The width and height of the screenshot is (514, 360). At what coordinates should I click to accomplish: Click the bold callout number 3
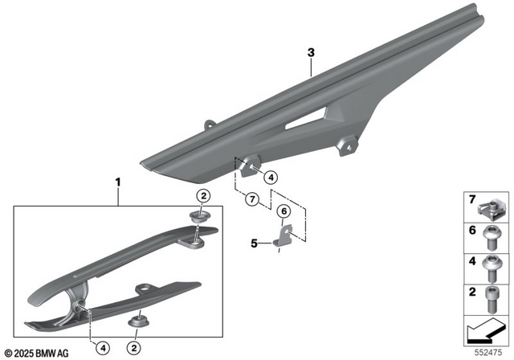point(311,52)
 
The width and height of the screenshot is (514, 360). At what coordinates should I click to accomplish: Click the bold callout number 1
point(118,182)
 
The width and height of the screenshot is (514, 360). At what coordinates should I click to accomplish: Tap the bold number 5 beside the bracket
point(254,243)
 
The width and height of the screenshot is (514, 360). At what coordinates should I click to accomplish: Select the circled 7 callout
point(252,199)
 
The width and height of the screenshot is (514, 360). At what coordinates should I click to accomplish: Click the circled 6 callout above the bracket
point(284,211)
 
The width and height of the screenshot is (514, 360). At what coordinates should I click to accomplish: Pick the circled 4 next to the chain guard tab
point(271,178)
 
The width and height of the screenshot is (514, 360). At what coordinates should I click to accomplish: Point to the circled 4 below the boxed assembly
point(103,348)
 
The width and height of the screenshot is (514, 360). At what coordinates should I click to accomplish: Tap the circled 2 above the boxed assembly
point(203,196)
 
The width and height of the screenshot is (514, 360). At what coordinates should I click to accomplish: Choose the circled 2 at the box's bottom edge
point(134,348)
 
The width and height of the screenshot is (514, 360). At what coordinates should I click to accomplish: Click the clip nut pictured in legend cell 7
point(489,211)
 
